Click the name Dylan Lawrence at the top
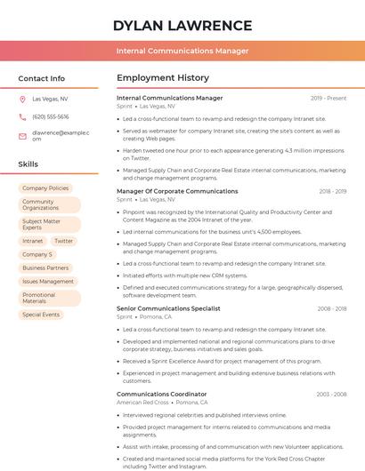[182, 25]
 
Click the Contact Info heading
[41, 78]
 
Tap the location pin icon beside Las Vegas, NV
[22, 99]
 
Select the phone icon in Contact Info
[22, 116]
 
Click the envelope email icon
[22, 136]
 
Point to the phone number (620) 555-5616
[50, 116]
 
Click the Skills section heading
[28, 164]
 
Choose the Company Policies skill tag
[45, 188]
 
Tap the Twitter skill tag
[63, 241]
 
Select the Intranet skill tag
[32, 241]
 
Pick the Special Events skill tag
[41, 315]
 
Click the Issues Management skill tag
[48, 281]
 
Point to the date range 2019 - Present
[328, 98]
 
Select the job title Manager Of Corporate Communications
[177, 191]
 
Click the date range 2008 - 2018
[331, 308]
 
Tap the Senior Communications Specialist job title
[168, 308]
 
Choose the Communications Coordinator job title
[161, 394]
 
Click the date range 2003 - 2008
[331, 394]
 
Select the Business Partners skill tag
[45, 267]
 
